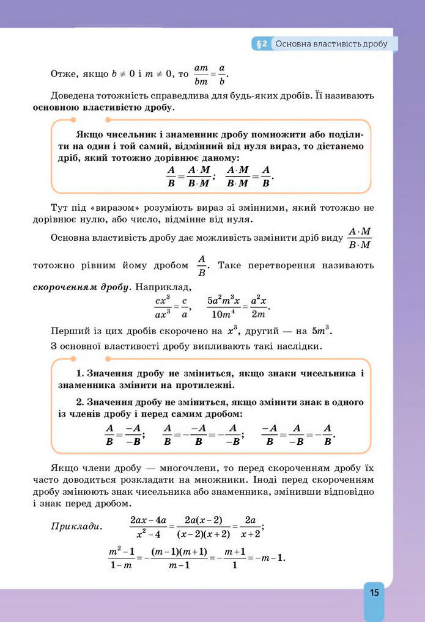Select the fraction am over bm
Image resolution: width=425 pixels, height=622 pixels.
coord(201,74)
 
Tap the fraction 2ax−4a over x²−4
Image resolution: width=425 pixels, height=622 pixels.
coord(148,526)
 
